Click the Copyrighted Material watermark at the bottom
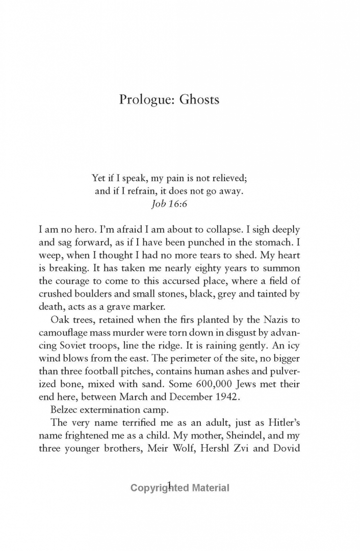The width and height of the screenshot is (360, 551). (x=179, y=488)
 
